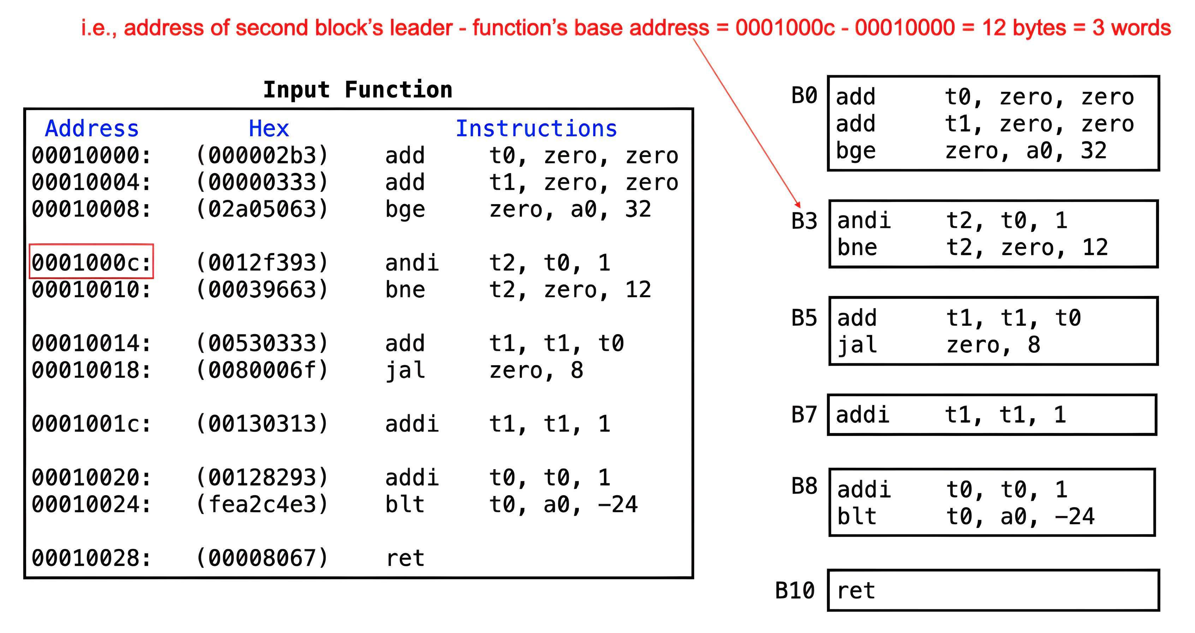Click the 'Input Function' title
click(x=358, y=90)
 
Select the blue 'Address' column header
click(x=92, y=129)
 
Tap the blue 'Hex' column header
click(x=269, y=129)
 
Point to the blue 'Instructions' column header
click(x=536, y=129)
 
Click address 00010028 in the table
click(x=91, y=558)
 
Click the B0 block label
click(x=804, y=96)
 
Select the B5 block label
click(x=804, y=318)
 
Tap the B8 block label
click(x=804, y=486)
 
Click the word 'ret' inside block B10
click(x=856, y=591)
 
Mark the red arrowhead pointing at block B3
click(x=797, y=204)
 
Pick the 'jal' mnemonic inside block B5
click(x=857, y=345)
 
